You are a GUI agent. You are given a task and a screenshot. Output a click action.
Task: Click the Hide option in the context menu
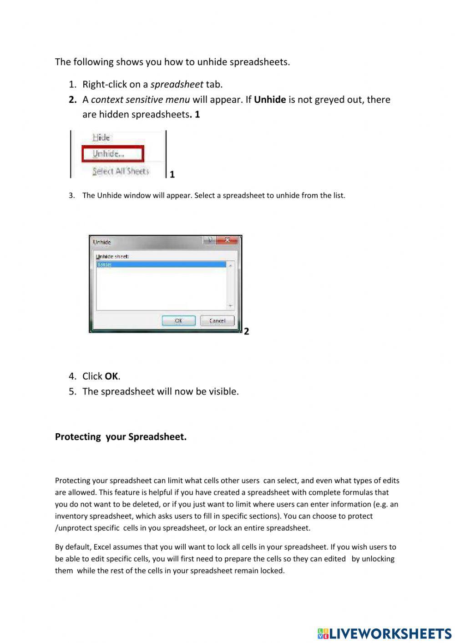point(101,137)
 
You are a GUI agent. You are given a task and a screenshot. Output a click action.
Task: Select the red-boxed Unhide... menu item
point(108,154)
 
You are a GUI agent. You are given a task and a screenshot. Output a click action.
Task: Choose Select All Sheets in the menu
point(121,171)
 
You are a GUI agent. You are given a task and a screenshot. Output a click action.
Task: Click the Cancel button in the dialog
point(217,321)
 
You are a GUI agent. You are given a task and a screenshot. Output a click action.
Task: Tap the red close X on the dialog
point(227,240)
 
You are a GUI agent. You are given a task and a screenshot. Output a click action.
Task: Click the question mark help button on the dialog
point(210,240)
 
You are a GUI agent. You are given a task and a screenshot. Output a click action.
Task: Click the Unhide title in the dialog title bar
point(102,242)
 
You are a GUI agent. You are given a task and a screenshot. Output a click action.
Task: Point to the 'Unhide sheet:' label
point(112,256)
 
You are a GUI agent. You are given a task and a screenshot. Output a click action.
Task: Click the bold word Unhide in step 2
point(270,100)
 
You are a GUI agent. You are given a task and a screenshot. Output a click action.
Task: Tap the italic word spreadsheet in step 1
point(177,84)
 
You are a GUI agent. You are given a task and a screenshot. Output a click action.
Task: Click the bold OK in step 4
point(111,376)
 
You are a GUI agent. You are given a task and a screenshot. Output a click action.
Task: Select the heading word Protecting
point(78,437)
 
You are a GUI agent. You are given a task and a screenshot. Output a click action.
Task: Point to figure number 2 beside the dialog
point(247,331)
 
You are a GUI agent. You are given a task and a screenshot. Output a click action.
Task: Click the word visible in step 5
point(222,391)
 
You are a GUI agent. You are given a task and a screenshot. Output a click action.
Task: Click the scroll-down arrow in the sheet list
point(230,306)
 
